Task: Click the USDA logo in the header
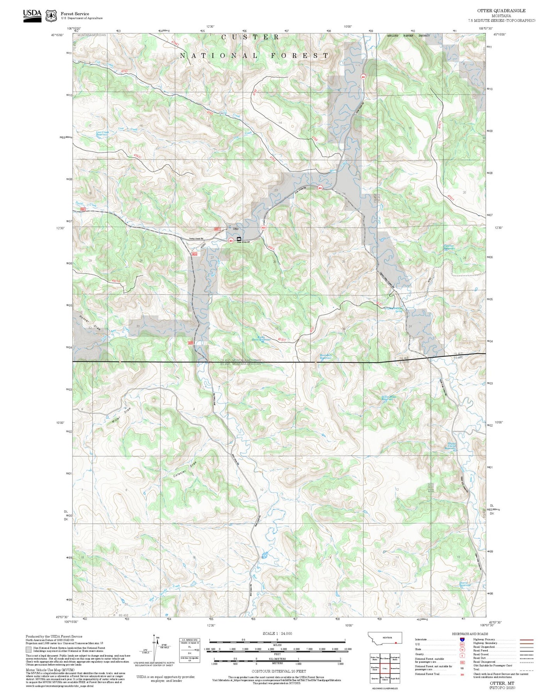coord(32,15)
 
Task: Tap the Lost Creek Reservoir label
coord(102,133)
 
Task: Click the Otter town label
coord(236,229)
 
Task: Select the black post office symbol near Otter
coord(239,239)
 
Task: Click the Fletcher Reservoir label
coord(449,247)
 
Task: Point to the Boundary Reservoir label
coord(326,357)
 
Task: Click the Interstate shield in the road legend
coord(462,640)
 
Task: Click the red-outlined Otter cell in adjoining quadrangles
coord(385,669)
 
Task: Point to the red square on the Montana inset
coord(396,643)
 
